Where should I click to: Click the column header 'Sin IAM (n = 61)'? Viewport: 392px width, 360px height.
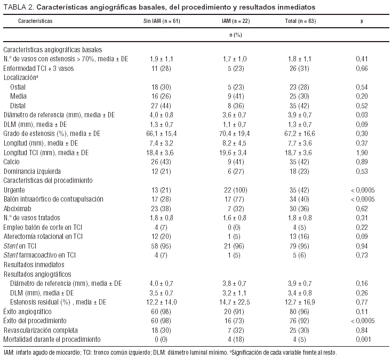tap(162, 20)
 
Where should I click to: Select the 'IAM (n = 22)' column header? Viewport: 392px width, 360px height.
tap(236, 20)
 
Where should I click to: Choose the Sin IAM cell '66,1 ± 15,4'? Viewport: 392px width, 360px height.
tap(162, 133)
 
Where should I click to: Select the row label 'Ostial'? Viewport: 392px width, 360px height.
tap(18, 87)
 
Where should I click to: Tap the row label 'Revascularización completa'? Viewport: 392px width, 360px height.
tap(36, 330)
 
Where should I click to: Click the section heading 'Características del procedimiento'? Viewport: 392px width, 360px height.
tap(47, 180)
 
